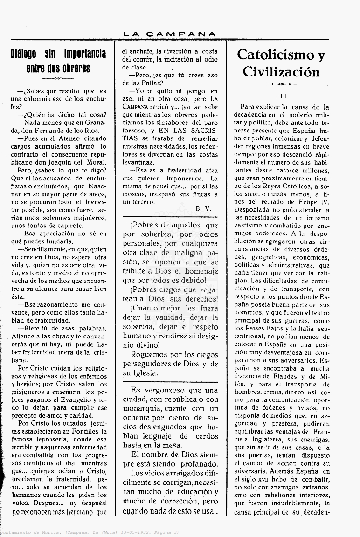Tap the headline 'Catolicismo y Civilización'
(x=281, y=63)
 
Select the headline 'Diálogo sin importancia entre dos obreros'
(x=58, y=61)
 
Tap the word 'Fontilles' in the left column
(x=86, y=431)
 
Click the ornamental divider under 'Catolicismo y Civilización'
(x=281, y=84)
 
